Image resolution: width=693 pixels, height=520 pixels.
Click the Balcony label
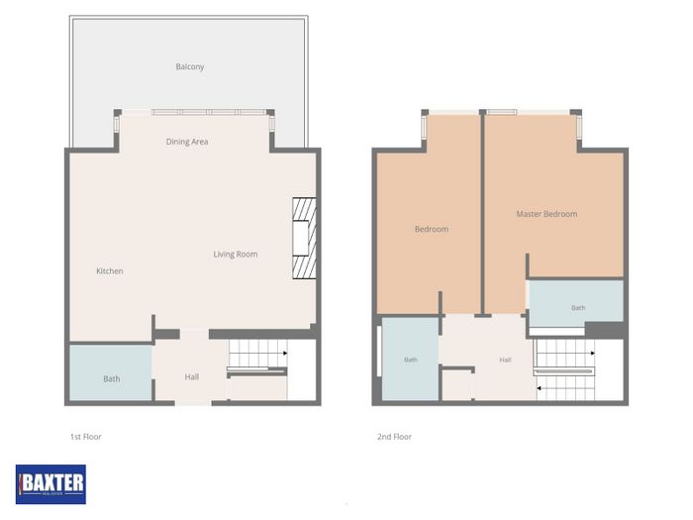(190, 66)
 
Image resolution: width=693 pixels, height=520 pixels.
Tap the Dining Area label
(187, 142)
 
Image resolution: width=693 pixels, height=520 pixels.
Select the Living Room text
(236, 255)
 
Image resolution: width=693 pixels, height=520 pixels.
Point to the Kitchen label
(110, 271)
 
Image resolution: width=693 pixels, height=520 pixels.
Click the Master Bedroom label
(546, 214)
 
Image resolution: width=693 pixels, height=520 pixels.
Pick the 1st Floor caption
(86, 437)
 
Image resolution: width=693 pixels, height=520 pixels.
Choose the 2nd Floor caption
(394, 437)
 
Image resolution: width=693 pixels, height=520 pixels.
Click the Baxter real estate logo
(50, 484)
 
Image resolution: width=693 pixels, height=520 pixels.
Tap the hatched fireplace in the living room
(304, 238)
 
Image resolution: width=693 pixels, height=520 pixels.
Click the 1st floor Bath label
(111, 379)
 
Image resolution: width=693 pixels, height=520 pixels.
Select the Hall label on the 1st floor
(192, 377)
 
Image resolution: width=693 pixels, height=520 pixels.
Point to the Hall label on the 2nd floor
(505, 360)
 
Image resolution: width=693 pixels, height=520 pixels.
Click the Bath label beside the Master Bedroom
(578, 308)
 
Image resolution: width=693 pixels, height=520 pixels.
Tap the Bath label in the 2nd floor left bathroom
(411, 360)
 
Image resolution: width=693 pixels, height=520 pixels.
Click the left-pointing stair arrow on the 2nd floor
(565, 388)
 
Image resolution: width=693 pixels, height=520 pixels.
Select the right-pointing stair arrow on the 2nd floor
(565, 354)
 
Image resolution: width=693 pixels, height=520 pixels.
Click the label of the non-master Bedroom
(432, 229)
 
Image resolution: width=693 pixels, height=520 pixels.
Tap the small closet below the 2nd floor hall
(457, 385)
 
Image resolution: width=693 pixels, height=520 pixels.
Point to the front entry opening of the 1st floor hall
(193, 403)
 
